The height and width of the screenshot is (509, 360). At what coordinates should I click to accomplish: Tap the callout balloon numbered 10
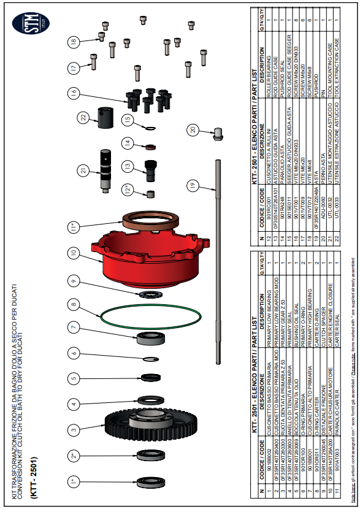click(73, 252)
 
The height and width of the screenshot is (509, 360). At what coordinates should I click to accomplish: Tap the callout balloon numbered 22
click(83, 117)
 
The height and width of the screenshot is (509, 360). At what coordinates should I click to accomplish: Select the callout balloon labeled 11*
click(73, 227)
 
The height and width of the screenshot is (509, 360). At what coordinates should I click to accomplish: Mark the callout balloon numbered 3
click(73, 428)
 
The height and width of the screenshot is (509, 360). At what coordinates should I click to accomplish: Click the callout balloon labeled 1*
click(73, 482)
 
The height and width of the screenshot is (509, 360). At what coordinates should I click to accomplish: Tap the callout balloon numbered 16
click(73, 93)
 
